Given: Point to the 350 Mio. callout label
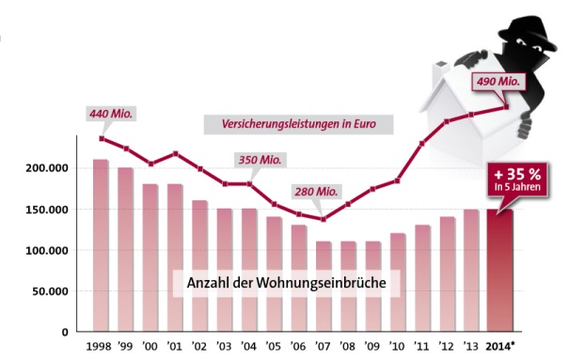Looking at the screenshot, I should (259, 160).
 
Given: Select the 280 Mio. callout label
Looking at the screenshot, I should (314, 192).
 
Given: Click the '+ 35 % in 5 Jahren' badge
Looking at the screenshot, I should (517, 179).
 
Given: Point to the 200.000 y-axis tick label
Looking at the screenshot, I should (45, 168).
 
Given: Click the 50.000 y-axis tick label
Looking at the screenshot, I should (49, 291).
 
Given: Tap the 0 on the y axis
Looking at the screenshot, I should (64, 332).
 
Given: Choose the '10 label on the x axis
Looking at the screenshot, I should (398, 347).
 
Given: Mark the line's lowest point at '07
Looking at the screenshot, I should (324, 219).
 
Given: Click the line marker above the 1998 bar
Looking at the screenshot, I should (101, 139).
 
